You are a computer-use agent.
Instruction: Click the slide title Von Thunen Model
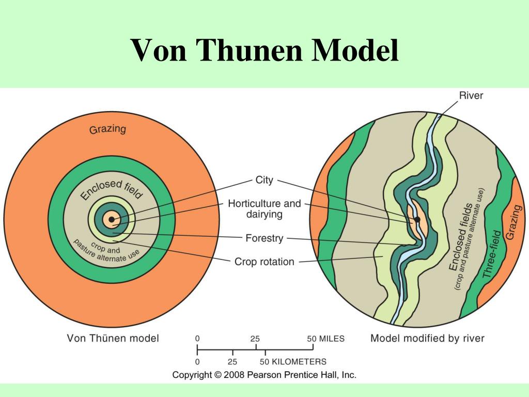(x=264, y=50)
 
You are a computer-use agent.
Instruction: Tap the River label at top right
(x=471, y=96)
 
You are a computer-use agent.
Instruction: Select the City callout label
(x=264, y=180)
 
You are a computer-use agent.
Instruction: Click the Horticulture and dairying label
(x=264, y=209)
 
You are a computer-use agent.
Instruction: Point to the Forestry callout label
(x=264, y=238)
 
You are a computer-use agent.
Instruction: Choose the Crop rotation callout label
(x=264, y=262)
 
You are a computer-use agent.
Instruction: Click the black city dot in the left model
(x=112, y=219)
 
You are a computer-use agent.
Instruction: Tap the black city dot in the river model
(x=417, y=219)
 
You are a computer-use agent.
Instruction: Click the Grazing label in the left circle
(x=107, y=129)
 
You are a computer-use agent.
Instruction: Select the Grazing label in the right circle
(x=514, y=222)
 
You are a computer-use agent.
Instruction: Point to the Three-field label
(x=492, y=254)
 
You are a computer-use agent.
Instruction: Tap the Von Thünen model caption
(x=113, y=338)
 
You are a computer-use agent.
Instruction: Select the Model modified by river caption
(x=427, y=338)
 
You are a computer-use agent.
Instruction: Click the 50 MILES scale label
(x=325, y=339)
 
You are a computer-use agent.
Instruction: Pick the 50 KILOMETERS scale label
(x=293, y=362)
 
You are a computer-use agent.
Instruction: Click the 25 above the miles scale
(x=255, y=339)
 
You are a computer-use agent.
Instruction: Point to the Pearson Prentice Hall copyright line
(x=264, y=375)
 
